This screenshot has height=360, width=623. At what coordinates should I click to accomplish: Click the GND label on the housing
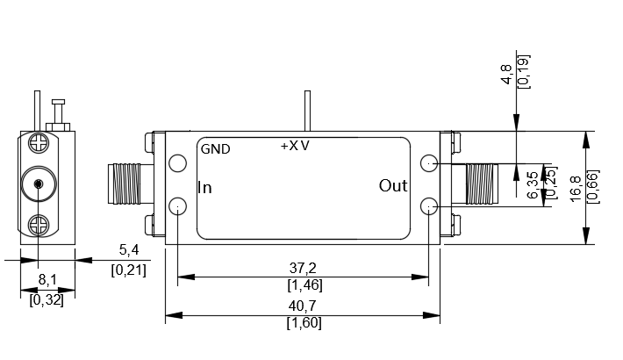tap(215, 149)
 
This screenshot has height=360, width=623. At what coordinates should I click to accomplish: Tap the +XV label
tap(295, 145)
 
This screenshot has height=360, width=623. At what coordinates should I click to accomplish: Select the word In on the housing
tap(204, 187)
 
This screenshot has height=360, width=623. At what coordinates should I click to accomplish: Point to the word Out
tap(393, 186)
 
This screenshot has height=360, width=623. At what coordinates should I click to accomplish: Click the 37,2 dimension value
tap(303, 268)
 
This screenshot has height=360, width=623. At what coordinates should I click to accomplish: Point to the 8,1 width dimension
tap(47, 281)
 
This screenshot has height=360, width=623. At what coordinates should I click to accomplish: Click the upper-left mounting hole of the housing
tap(178, 163)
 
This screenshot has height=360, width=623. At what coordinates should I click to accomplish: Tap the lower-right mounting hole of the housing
tap(429, 206)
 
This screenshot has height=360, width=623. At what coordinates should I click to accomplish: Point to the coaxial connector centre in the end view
tap(39, 184)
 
